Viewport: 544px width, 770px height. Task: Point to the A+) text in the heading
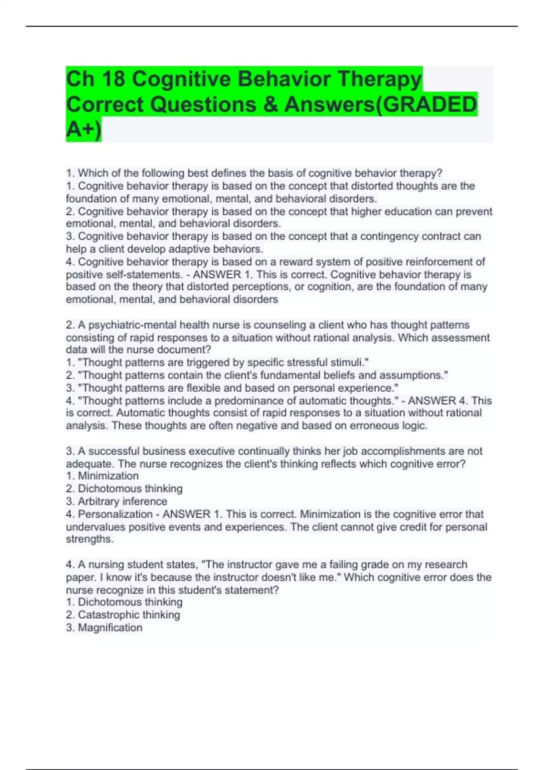[x=83, y=130]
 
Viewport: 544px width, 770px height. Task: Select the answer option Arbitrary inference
[x=122, y=501]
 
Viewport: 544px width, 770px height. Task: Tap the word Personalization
[x=115, y=514]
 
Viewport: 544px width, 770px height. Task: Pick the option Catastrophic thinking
[x=129, y=615]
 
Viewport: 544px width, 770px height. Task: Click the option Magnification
[x=110, y=627]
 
